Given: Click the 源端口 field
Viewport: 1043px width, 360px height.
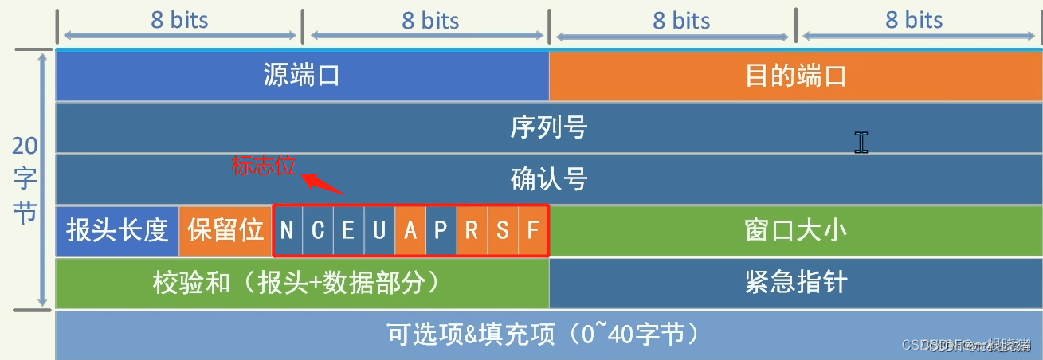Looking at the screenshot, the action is pos(301,76).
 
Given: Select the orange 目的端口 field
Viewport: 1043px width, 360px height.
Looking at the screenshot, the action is pos(795,76).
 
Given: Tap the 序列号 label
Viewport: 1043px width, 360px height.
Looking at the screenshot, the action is pos(548,127).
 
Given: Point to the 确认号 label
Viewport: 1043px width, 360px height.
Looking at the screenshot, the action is pos(548,178).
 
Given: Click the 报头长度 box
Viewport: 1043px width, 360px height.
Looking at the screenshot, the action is pos(117,231).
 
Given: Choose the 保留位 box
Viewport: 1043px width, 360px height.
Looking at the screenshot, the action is pos(225,231).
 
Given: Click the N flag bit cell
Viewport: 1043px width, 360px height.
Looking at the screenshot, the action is pos(287,231).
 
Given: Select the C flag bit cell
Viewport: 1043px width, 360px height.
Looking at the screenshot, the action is pos(318,231).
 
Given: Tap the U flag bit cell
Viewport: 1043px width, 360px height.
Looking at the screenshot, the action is pos(379,231).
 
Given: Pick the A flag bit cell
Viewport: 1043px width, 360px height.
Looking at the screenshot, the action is pos(410,231).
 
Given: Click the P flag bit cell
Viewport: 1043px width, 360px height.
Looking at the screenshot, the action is pos(441,231).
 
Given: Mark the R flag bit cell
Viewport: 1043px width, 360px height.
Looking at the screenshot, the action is pos(472,231).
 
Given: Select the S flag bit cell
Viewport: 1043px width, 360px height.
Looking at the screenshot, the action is pos(503,231).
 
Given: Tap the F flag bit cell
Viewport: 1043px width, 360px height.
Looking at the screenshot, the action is pos(533,231).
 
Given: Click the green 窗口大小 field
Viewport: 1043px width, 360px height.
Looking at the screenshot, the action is pos(795,231).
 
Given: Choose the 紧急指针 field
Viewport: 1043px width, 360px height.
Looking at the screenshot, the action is pos(795,282).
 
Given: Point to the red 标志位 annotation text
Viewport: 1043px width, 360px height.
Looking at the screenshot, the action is pos(263,166).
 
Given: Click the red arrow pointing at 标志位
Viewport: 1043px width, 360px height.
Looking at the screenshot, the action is pos(325,183).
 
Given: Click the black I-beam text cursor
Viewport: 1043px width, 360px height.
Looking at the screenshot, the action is pos(861,142).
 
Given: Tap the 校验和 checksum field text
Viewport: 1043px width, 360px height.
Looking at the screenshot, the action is pos(296,282).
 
